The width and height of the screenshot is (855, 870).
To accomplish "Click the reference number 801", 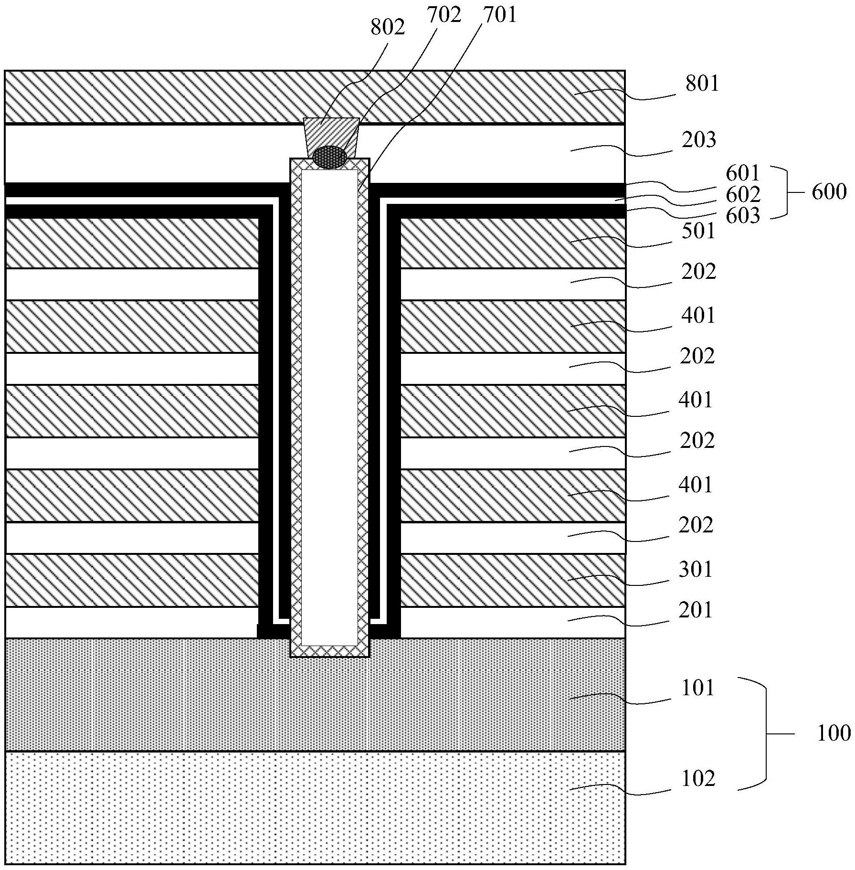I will (x=702, y=84).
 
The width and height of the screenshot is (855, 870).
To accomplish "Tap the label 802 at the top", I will (x=388, y=27).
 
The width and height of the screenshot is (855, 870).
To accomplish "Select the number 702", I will (x=444, y=15).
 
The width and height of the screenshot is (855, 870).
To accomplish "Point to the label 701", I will (x=499, y=15).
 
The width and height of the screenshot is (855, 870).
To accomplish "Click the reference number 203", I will (x=699, y=140).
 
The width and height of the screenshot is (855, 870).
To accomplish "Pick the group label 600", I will (x=829, y=192).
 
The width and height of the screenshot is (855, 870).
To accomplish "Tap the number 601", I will (x=743, y=172).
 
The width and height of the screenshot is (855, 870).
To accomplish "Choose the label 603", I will (x=743, y=216).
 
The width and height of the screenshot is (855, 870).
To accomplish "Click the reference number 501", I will (x=698, y=232).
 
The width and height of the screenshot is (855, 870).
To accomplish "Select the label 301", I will (x=696, y=570).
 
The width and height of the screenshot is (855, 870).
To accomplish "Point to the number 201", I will (x=696, y=610).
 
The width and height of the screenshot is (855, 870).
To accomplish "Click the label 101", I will (x=698, y=688).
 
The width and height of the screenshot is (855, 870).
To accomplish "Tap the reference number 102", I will (x=698, y=779).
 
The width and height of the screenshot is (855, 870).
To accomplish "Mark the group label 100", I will (x=834, y=733).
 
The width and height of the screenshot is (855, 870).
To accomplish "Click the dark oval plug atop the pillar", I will (x=329, y=157).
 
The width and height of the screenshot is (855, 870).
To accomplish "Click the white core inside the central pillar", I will (x=329, y=406).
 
